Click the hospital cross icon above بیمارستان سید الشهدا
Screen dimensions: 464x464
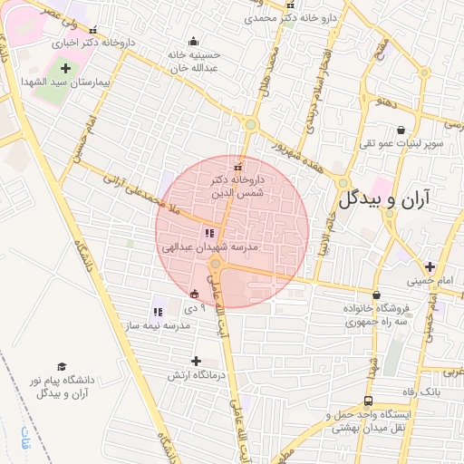click(x=64, y=67)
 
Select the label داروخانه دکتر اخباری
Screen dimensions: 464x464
click(x=87, y=42)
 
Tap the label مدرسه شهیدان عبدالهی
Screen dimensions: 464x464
click(x=210, y=246)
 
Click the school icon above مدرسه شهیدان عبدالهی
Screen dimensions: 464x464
click(x=211, y=234)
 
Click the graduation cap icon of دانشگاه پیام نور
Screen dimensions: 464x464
click(x=62, y=366)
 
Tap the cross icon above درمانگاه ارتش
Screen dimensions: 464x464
click(x=196, y=361)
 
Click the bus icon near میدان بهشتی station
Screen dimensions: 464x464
click(x=368, y=401)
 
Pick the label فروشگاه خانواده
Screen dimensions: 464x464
click(x=376, y=307)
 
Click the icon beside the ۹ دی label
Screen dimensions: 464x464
click(x=194, y=294)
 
